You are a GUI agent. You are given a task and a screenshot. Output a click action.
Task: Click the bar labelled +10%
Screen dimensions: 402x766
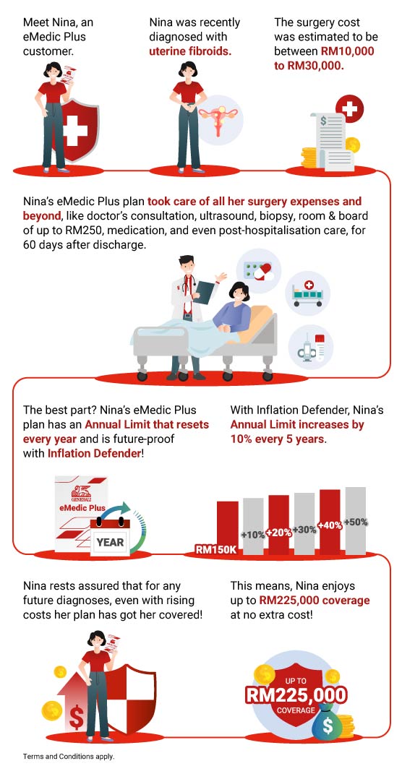253,526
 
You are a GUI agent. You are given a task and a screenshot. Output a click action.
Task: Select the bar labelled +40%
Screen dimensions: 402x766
330,522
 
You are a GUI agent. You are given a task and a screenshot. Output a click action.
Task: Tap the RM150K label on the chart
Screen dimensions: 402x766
216,549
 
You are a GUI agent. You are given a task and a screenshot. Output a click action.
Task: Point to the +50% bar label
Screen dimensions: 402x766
356,522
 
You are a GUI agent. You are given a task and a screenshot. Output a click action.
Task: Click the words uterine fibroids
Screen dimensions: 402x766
189,51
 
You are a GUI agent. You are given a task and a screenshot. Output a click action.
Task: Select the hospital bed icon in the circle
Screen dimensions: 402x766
307,293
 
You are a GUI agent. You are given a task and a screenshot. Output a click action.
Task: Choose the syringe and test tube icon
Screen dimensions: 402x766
311,348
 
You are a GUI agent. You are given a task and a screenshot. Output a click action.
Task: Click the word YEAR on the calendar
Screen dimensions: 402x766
110,542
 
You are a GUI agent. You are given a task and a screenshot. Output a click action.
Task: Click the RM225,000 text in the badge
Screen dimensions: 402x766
296,695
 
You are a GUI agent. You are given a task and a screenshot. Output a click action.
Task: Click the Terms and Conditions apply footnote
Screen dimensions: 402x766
69,756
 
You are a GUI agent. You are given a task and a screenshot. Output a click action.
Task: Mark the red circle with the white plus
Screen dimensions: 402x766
350,108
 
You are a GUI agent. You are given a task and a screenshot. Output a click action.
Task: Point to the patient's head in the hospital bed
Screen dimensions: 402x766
239,293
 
